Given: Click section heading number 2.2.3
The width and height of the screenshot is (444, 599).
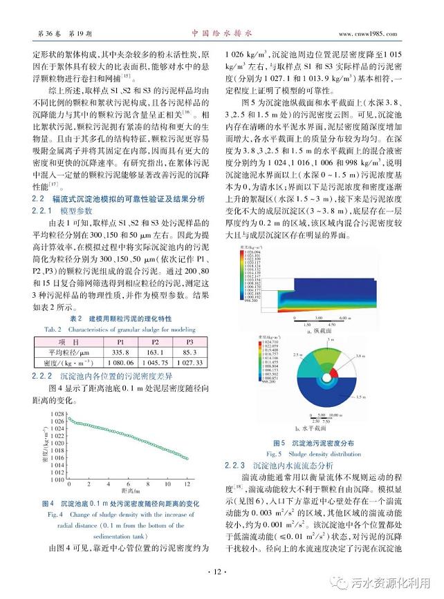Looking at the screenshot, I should pyautogui.click(x=243, y=465).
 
